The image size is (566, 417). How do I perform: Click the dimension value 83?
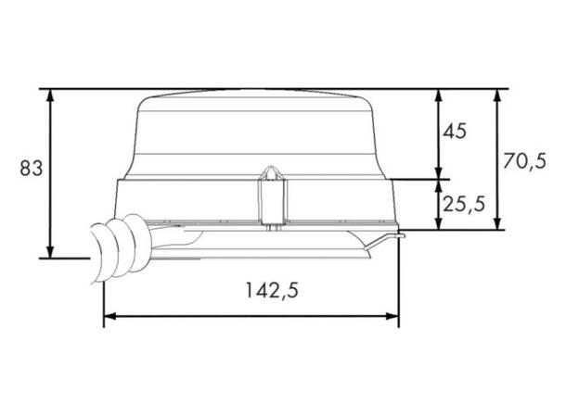click(31, 169)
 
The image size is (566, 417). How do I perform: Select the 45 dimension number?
click(455, 131)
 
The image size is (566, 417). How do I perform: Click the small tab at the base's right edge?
click(399, 237)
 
